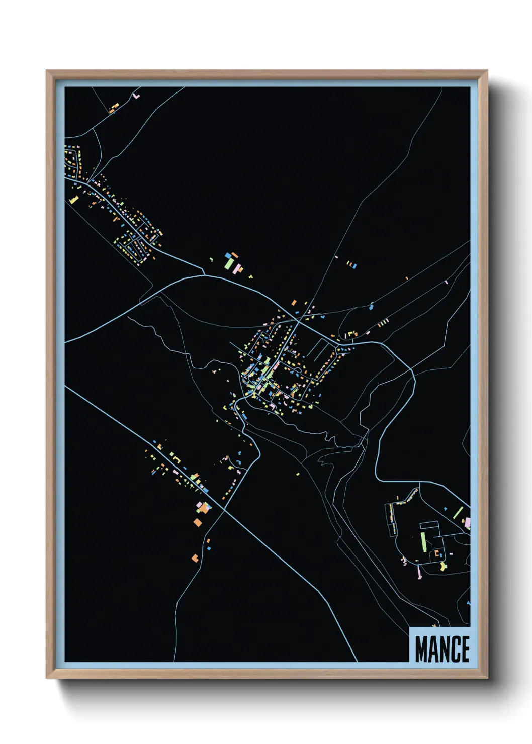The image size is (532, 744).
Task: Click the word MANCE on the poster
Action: (x=442, y=649)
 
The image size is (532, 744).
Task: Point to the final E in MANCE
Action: (x=465, y=649)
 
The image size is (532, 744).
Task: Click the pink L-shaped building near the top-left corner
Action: (x=136, y=95)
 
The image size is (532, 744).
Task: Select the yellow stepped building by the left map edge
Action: (x=74, y=200)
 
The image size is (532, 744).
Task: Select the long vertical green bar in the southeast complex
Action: (x=424, y=542)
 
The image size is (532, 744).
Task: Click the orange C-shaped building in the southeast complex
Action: (x=437, y=553)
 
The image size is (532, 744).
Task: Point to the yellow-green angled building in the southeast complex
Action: (x=442, y=566)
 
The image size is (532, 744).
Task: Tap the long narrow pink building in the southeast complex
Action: (x=419, y=572)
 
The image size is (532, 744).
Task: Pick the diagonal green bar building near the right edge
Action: (x=459, y=513)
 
